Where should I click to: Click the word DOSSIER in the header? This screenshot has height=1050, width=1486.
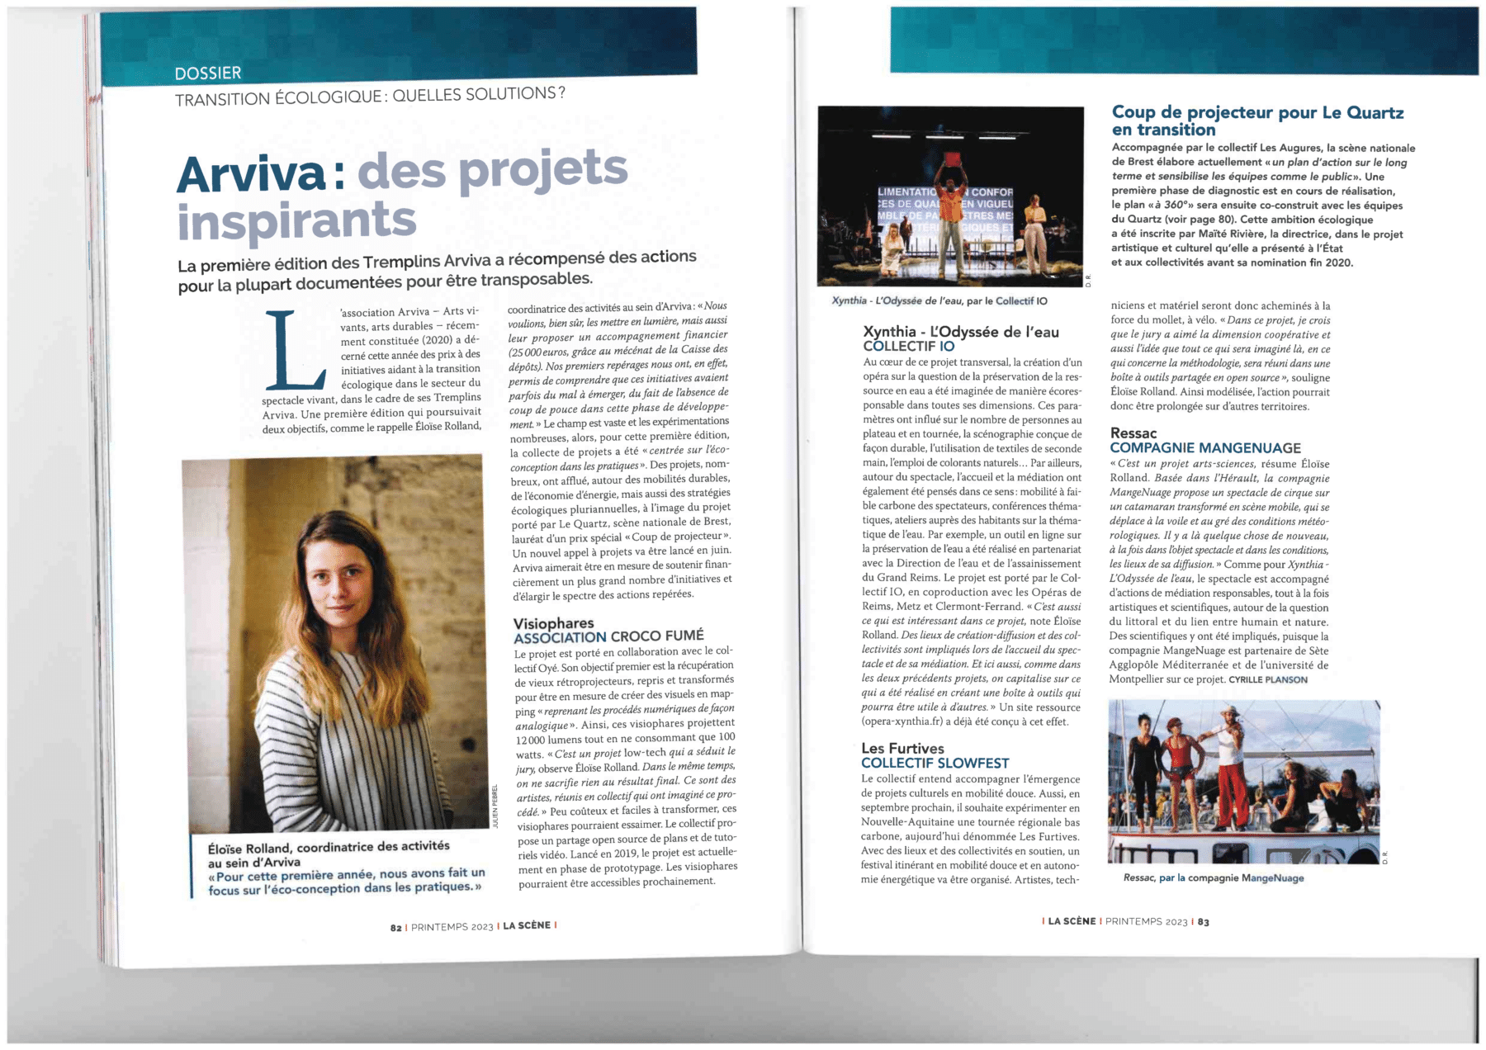coord(208,73)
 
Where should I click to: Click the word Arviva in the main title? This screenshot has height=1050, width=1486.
coord(252,173)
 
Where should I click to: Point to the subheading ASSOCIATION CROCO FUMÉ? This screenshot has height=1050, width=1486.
coord(608,636)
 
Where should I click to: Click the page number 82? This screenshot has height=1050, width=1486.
coord(396,927)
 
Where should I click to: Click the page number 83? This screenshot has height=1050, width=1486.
coord(1204,922)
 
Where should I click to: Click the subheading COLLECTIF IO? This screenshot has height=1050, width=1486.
coord(908,347)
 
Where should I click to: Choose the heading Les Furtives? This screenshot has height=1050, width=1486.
coord(902,749)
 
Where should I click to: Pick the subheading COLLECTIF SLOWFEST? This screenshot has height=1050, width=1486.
coord(935,764)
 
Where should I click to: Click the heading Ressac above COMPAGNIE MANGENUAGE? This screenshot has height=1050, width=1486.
coord(1133,433)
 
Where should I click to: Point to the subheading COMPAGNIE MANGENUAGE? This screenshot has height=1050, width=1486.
coord(1205,448)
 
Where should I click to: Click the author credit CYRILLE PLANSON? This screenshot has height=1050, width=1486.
coord(1268,680)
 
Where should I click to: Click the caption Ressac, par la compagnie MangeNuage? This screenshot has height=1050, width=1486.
coord(1214,877)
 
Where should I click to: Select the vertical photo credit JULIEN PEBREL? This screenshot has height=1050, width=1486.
coord(496,806)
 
